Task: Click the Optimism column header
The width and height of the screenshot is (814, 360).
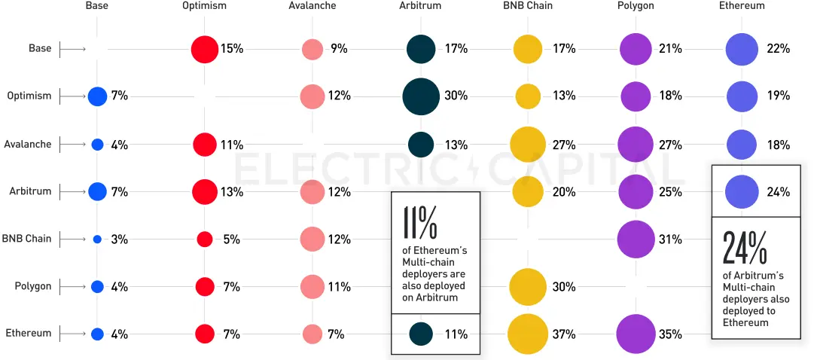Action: tap(204, 6)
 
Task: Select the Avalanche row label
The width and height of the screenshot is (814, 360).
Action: tap(28, 144)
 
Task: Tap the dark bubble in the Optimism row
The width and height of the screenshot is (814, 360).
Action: tap(421, 96)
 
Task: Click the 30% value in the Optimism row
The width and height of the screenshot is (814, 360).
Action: tap(456, 96)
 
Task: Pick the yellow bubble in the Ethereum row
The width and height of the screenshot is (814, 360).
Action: tap(527, 334)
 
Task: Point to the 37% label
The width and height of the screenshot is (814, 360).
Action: tap(564, 334)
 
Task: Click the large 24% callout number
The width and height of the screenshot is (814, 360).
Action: tap(746, 247)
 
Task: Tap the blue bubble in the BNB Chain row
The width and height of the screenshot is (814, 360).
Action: tap(97, 239)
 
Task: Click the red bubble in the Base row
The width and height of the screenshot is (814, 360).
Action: tap(204, 49)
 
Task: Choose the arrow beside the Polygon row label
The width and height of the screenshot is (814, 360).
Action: tap(72, 286)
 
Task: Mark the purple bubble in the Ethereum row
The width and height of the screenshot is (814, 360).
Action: tap(635, 334)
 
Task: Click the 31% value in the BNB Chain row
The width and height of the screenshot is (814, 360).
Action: tap(670, 239)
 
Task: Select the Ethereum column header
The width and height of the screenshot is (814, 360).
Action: tap(742, 6)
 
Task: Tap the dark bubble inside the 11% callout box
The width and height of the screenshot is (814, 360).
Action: tap(421, 334)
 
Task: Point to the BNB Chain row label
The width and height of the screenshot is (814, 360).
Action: tap(26, 239)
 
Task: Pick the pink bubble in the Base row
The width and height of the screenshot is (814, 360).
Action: tap(312, 49)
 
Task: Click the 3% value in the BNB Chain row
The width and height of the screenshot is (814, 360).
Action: tap(119, 239)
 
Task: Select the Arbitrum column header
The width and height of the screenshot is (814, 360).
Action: tap(420, 6)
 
